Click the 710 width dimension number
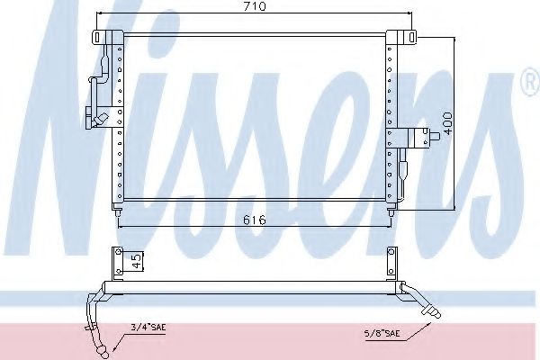(255, 6)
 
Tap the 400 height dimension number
(447, 123)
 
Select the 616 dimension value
(255, 220)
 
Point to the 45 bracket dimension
(137, 261)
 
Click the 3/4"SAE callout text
(148, 327)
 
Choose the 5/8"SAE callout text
(382, 333)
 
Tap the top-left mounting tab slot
(97, 37)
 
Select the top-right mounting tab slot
(411, 37)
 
